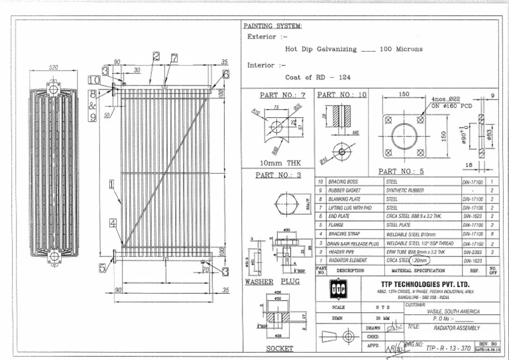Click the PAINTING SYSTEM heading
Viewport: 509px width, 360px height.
pyautogui.click(x=274, y=26)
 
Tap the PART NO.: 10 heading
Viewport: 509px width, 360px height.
pyautogui.click(x=341, y=95)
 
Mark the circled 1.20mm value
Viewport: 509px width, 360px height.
pyautogui.click(x=420, y=261)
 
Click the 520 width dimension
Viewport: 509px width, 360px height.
pyautogui.click(x=54, y=68)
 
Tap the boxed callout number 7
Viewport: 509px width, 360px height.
pyautogui.click(x=174, y=58)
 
